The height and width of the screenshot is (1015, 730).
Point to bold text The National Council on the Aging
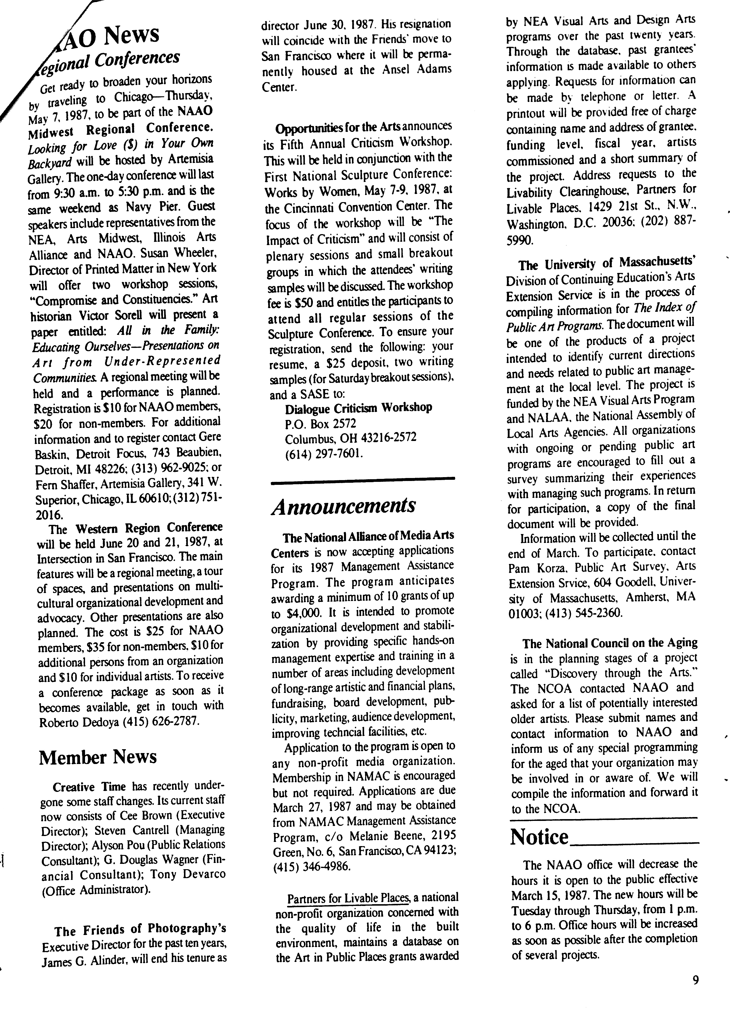[610, 643]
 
